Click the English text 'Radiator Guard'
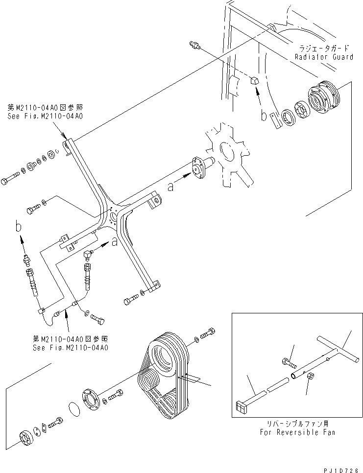click(323, 57)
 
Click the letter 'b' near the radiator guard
click(264, 117)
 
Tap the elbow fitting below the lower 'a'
click(88, 253)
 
